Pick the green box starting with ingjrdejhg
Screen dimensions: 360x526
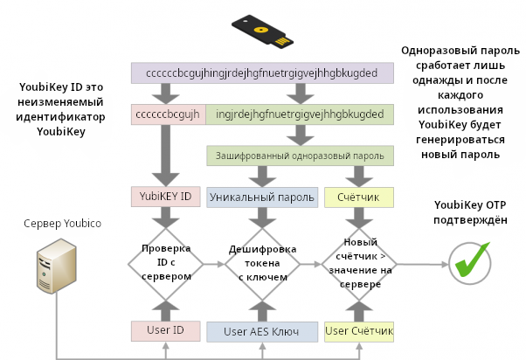tap(300, 114)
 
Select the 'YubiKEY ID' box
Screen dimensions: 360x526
tap(166, 197)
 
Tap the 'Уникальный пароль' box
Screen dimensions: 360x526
tap(262, 197)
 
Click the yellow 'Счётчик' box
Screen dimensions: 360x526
tap(358, 197)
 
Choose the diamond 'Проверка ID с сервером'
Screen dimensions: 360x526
tap(166, 260)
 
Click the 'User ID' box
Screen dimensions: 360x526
tap(166, 330)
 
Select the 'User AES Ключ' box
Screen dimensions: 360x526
tap(263, 331)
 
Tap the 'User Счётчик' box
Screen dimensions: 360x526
tap(358, 331)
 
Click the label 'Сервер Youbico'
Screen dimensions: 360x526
tap(63, 224)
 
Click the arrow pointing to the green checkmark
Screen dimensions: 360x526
tap(423, 260)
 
